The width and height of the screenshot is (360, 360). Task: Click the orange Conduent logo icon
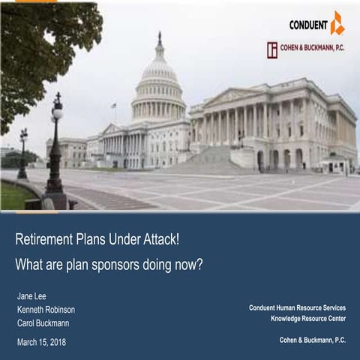(337, 23)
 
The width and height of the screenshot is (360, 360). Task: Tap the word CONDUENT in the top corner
(308, 25)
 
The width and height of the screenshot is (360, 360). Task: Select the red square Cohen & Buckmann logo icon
(272, 50)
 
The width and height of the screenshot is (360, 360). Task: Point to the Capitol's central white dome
(159, 75)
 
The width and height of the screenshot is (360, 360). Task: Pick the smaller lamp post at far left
(23, 154)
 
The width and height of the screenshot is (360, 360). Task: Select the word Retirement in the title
(41, 241)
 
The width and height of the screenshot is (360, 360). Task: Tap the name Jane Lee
(31, 295)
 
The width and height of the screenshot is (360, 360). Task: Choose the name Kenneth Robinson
(46, 309)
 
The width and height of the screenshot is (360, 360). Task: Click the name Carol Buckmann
(43, 322)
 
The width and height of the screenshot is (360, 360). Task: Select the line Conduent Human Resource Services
(297, 308)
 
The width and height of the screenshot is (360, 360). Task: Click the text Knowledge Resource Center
(308, 319)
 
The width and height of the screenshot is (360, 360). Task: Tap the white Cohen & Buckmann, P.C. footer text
(313, 340)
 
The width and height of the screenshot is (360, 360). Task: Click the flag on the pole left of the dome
(112, 106)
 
